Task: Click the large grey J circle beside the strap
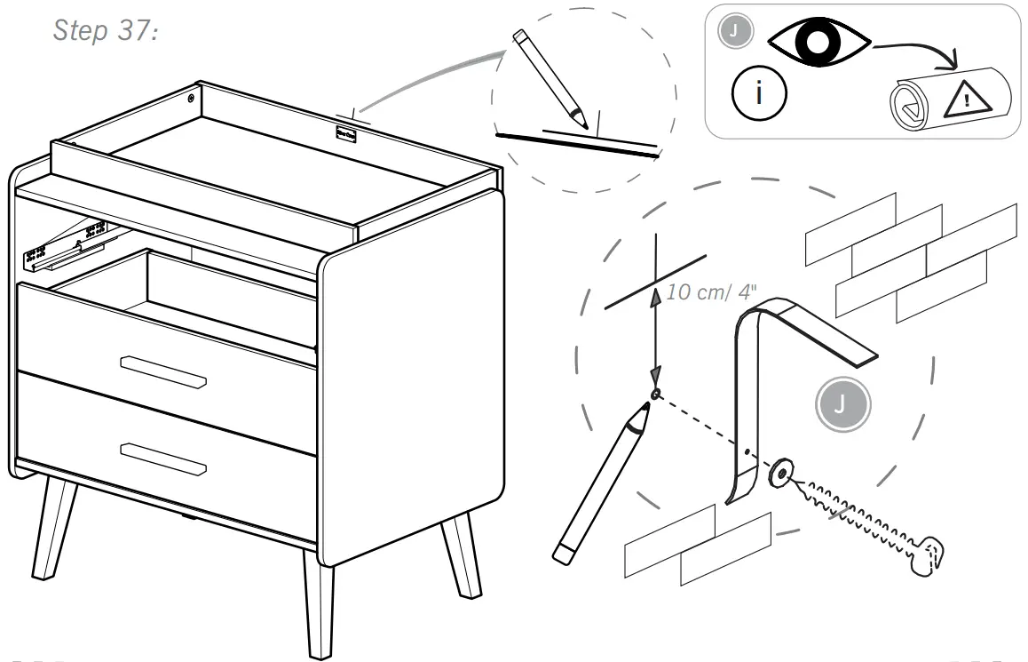pyautogui.click(x=842, y=406)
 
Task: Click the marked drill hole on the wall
pyautogui.click(x=655, y=393)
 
